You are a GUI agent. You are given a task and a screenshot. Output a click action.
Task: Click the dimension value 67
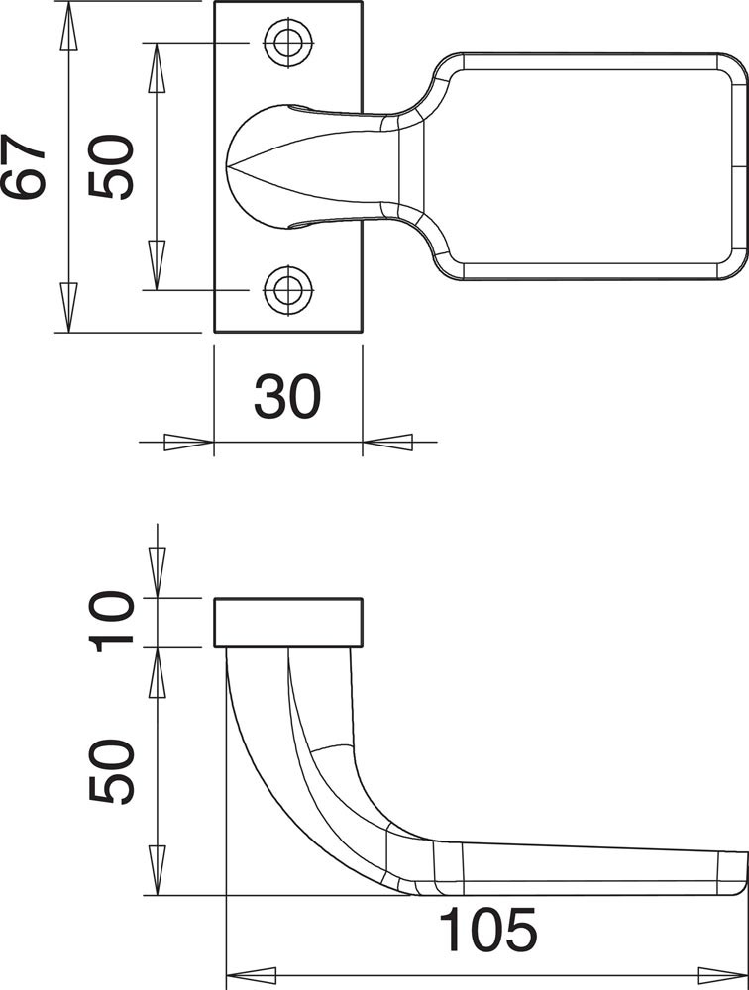(24, 166)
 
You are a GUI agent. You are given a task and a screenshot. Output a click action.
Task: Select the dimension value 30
(287, 397)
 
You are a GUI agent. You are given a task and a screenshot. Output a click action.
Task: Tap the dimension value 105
(488, 930)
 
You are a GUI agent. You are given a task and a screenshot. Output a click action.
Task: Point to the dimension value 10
(112, 622)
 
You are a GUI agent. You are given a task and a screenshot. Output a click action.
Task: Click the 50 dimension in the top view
(111, 166)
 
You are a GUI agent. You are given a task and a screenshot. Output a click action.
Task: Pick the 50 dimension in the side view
(112, 771)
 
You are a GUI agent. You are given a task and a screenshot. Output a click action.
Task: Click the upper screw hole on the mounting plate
(289, 43)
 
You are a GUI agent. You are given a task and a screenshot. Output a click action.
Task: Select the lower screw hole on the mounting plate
(289, 290)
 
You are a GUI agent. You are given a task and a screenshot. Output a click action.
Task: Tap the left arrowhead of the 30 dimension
(188, 442)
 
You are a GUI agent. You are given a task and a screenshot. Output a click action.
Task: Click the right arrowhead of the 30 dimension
(387, 442)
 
